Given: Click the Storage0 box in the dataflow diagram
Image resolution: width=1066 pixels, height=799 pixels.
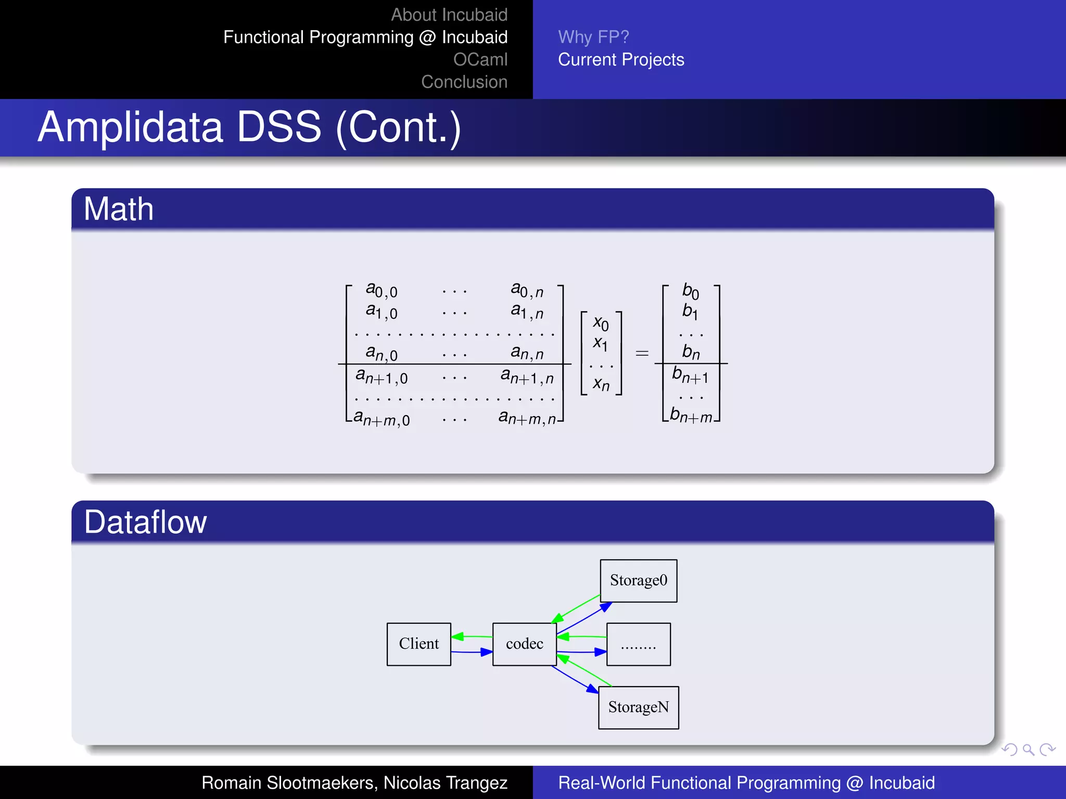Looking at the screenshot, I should tap(638, 581).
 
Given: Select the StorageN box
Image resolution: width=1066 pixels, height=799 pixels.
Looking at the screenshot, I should tap(638, 707).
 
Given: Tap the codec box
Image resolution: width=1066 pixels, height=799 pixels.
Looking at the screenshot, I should tap(524, 644).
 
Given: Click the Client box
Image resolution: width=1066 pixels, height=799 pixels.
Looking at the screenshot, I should tap(418, 644).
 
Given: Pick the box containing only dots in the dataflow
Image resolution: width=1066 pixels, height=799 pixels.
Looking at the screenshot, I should tap(638, 644).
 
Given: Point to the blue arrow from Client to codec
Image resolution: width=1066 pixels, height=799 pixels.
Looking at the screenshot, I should tap(472, 652).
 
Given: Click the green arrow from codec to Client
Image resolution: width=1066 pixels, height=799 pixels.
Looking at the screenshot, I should tap(472, 636).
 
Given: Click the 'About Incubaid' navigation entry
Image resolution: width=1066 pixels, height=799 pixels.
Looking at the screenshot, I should tap(449, 15).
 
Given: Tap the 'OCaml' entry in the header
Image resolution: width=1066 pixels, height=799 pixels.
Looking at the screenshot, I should tap(480, 59).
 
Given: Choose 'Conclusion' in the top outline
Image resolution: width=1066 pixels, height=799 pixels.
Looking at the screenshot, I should tap(464, 82).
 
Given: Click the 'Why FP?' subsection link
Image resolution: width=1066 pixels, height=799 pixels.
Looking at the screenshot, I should tap(593, 37).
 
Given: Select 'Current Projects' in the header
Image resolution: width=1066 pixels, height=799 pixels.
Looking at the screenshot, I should tap(620, 59).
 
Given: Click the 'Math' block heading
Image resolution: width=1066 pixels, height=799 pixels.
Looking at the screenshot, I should tap(119, 209).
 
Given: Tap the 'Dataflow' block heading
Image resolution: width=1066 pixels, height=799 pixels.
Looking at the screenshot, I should tap(145, 522).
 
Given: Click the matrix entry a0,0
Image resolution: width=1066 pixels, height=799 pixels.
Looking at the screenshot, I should tap(381, 290).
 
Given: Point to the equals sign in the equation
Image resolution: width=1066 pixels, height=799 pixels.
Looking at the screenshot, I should tap(642, 354).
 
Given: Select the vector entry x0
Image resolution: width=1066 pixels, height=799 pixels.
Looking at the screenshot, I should tap(601, 323).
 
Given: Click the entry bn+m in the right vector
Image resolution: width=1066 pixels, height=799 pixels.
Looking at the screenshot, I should tap(691, 415).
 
